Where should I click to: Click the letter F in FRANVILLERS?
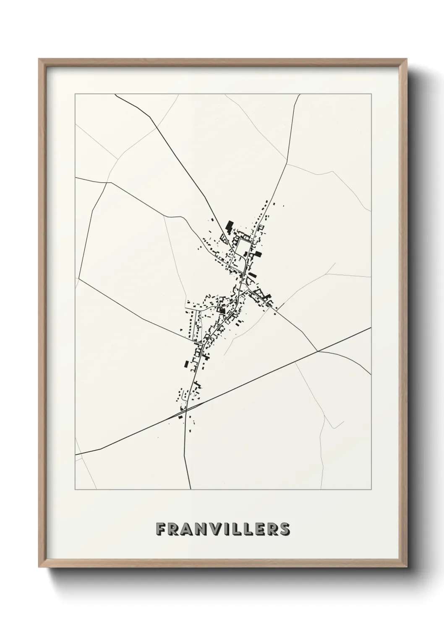160,529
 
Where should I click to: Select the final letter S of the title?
285,529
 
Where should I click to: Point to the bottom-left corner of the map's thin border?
75,490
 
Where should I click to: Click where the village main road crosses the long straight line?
185,411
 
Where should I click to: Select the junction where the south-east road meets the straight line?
317,350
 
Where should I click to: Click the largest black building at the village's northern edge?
229,227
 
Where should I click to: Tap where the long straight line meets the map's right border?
371,327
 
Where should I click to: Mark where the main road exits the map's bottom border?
191,490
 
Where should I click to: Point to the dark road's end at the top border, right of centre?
300,95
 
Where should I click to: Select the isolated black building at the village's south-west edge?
186,364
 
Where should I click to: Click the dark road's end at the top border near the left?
115,95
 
